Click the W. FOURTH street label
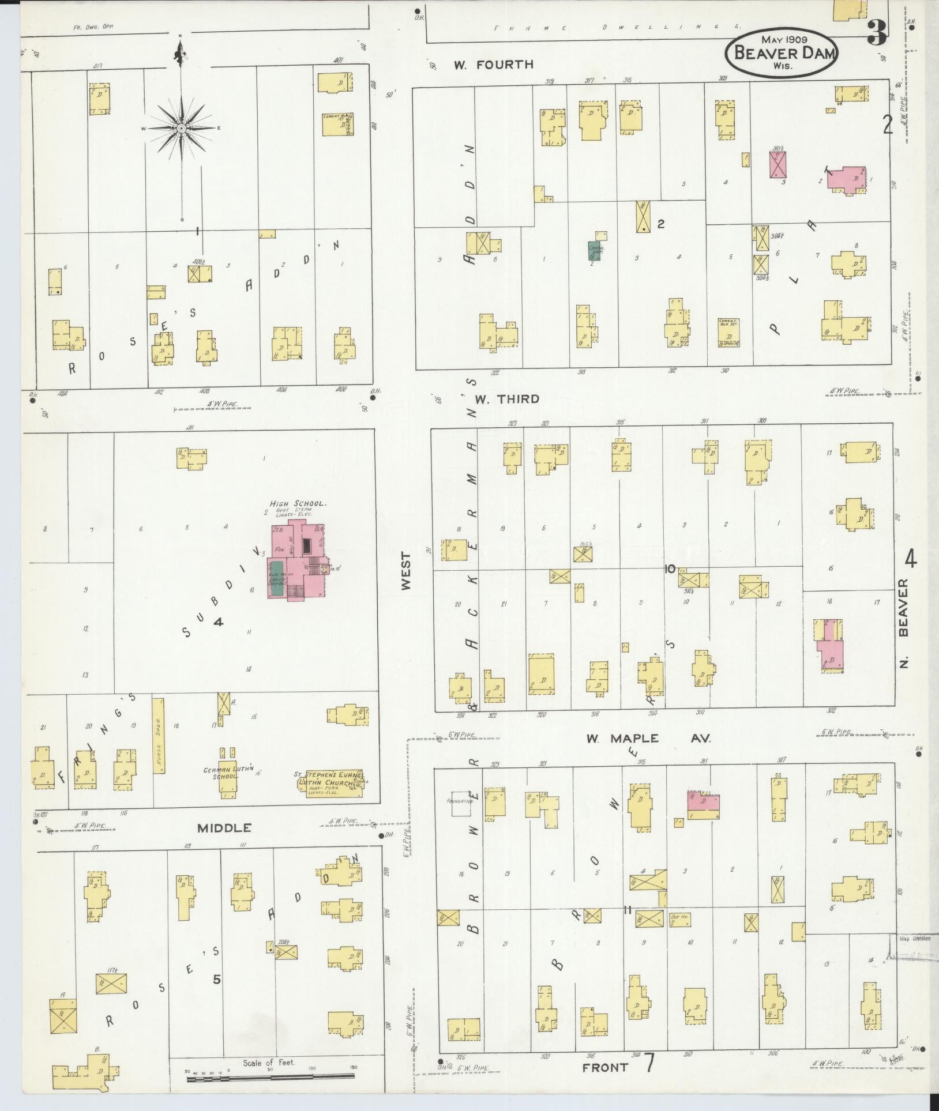[x=493, y=65]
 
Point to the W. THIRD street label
[x=506, y=398]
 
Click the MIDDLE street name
[x=224, y=828]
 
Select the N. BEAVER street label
[x=903, y=623]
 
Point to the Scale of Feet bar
[x=271, y=1076]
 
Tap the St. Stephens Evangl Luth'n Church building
[x=332, y=784]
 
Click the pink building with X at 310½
[x=778, y=163]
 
